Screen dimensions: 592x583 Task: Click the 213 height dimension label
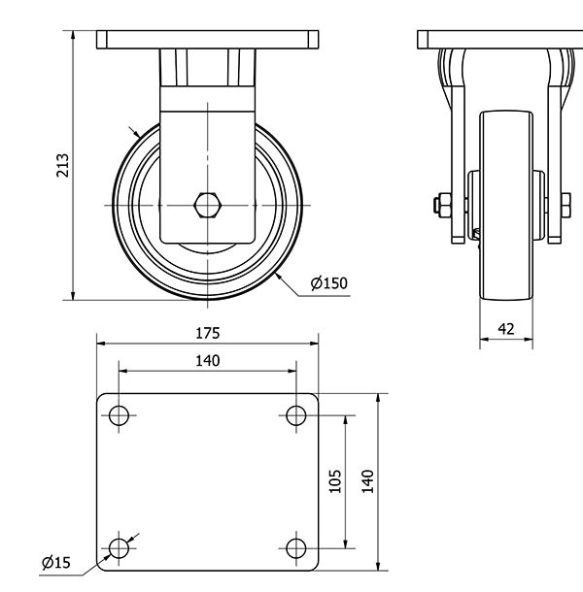pyautogui.click(x=62, y=166)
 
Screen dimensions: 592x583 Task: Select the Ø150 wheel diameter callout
pyautogui.click(x=328, y=283)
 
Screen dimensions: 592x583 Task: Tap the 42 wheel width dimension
pyautogui.click(x=506, y=329)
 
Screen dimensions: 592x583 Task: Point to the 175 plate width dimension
pyautogui.click(x=207, y=333)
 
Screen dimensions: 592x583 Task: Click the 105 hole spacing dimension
pyautogui.click(x=334, y=481)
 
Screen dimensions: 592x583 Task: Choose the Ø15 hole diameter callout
pyautogui.click(x=55, y=563)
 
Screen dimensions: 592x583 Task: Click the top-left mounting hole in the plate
pyautogui.click(x=119, y=416)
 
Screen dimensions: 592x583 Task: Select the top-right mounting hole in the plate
pyautogui.click(x=296, y=416)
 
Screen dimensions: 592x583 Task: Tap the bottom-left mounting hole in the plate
pyautogui.click(x=119, y=548)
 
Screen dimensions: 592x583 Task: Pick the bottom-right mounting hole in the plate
pyautogui.click(x=296, y=548)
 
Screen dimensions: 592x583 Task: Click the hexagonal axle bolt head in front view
pyautogui.click(x=208, y=206)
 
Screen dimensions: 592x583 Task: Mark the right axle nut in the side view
pyautogui.click(x=565, y=205)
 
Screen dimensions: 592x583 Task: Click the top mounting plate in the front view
pyautogui.click(x=208, y=40)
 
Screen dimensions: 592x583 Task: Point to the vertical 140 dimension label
pyautogui.click(x=367, y=481)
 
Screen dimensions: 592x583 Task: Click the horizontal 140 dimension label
pyautogui.click(x=207, y=361)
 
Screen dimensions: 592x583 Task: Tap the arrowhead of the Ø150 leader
pyautogui.click(x=279, y=276)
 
